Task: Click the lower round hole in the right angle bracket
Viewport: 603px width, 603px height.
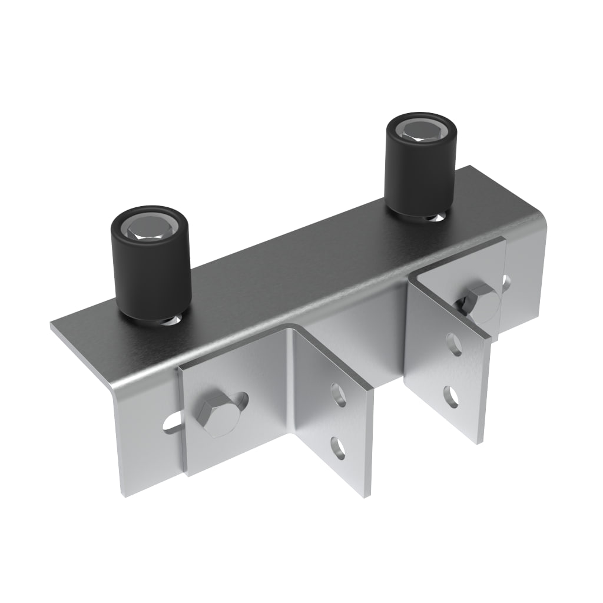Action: point(451,396)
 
